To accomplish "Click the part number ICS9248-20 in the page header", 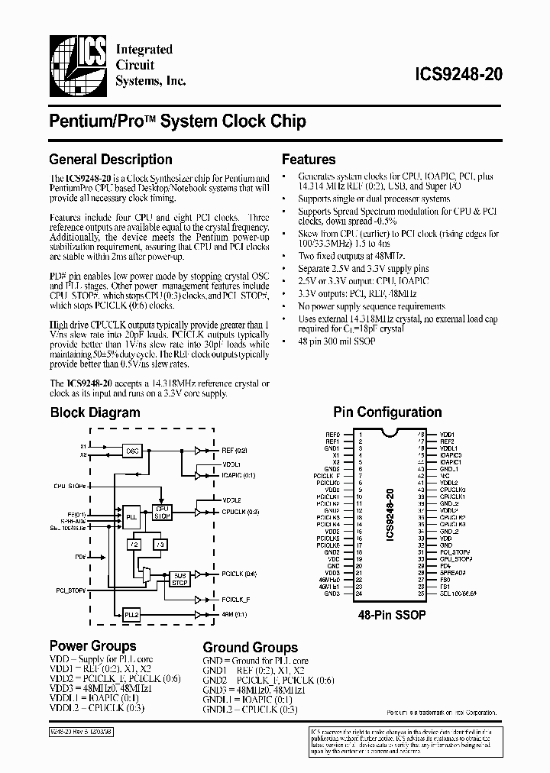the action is pyautogui.click(x=458, y=75).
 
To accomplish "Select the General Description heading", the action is pyautogui.click(x=110, y=160).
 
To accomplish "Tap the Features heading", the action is pyautogui.click(x=309, y=160).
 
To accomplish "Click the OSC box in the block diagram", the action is pyautogui.click(x=132, y=451).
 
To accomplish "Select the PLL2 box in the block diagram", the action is pyautogui.click(x=131, y=613).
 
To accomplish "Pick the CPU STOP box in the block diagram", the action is pyautogui.click(x=163, y=512).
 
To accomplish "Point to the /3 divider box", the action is pyautogui.click(x=159, y=544).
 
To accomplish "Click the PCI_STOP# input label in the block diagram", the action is pyautogui.click(x=70, y=590).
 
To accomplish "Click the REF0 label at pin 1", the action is pyautogui.click(x=332, y=435).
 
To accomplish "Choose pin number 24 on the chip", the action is pyautogui.click(x=358, y=593).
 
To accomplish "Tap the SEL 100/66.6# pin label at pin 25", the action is pyautogui.click(x=458, y=593).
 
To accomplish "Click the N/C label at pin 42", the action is pyautogui.click(x=444, y=476).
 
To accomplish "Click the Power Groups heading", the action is pyautogui.click(x=92, y=646).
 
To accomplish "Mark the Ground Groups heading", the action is pyautogui.click(x=250, y=647).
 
